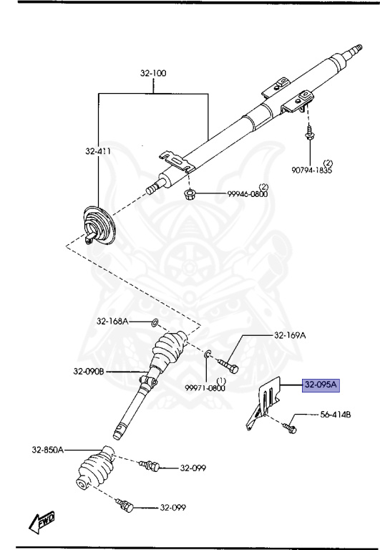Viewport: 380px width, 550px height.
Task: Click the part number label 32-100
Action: pos(153,73)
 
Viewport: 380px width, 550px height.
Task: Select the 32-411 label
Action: pos(98,151)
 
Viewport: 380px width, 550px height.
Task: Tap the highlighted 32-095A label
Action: pos(321,385)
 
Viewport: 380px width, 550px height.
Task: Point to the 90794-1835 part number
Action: pos(311,170)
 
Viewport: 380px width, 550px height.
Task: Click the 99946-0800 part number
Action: pos(247,193)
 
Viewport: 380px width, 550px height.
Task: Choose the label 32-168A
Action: pos(112,321)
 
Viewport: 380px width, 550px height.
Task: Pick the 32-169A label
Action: pos(290,335)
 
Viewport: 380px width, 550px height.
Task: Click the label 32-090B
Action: pos(89,371)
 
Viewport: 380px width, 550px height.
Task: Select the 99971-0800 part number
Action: pos(205,387)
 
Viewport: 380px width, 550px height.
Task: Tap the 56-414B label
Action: pos(336,415)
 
